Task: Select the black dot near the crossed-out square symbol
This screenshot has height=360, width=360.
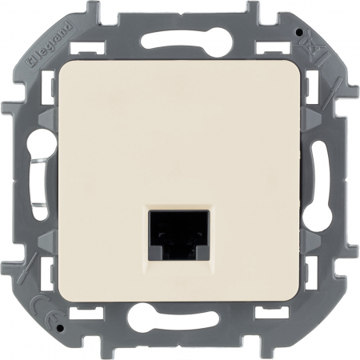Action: (298, 34)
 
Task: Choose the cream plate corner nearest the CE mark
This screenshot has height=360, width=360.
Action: (62, 294)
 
